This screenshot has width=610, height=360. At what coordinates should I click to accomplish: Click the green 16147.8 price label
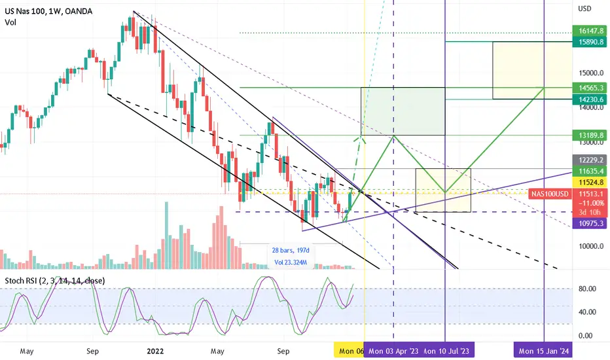pyautogui.click(x=590, y=31)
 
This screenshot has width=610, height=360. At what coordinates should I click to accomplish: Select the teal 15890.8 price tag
pyautogui.click(x=590, y=42)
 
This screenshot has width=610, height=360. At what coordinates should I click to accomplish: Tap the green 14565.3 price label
pyautogui.click(x=590, y=88)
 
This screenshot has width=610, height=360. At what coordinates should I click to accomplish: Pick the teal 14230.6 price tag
pyautogui.click(x=590, y=99)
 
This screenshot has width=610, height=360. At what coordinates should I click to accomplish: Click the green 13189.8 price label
pyautogui.click(x=590, y=135)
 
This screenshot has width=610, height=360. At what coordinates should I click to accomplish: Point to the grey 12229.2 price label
pyautogui.click(x=590, y=160)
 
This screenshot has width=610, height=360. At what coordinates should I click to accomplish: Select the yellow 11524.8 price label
pyautogui.click(x=590, y=182)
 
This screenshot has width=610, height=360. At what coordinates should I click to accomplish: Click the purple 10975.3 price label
pyautogui.click(x=590, y=223)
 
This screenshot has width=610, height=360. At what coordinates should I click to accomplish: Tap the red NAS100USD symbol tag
pyautogui.click(x=550, y=194)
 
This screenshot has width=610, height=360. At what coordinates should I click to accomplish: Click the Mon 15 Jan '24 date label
pyautogui.click(x=543, y=351)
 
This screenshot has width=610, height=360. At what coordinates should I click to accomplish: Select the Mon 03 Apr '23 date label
pyautogui.click(x=393, y=351)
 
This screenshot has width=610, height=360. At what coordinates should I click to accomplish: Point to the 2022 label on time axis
pyautogui.click(x=155, y=351)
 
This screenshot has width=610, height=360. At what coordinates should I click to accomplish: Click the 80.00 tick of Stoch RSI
pyautogui.click(x=588, y=289)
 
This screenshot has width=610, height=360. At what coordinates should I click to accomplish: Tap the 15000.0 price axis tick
pyautogui.click(x=591, y=73)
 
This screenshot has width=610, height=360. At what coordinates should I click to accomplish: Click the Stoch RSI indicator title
pyautogui.click(x=54, y=281)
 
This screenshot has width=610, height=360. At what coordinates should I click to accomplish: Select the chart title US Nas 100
pyautogui.click(x=26, y=11)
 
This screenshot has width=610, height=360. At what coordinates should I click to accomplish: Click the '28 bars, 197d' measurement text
pyautogui.click(x=291, y=250)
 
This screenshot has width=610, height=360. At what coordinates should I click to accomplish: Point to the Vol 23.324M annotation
pyautogui.click(x=291, y=262)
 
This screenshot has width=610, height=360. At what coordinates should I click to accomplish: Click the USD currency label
pyautogui.click(x=584, y=9)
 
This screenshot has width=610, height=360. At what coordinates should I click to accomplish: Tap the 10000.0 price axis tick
pyautogui.click(x=591, y=246)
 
